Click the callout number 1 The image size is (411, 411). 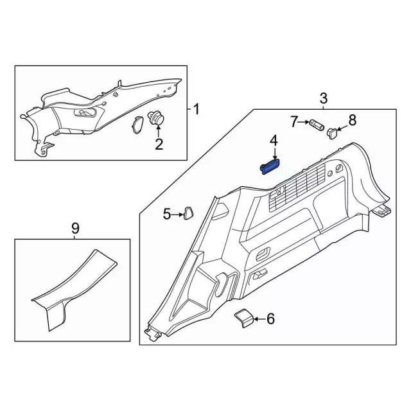[x=196, y=109]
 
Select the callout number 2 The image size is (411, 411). [x=159, y=144]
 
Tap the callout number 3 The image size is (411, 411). [x=324, y=98]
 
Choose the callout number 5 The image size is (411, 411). [x=166, y=214]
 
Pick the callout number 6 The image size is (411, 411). [x=270, y=318]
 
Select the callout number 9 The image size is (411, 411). [x=75, y=227]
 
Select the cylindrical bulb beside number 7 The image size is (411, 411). [x=315, y=123]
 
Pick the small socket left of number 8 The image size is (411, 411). [x=332, y=133]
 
